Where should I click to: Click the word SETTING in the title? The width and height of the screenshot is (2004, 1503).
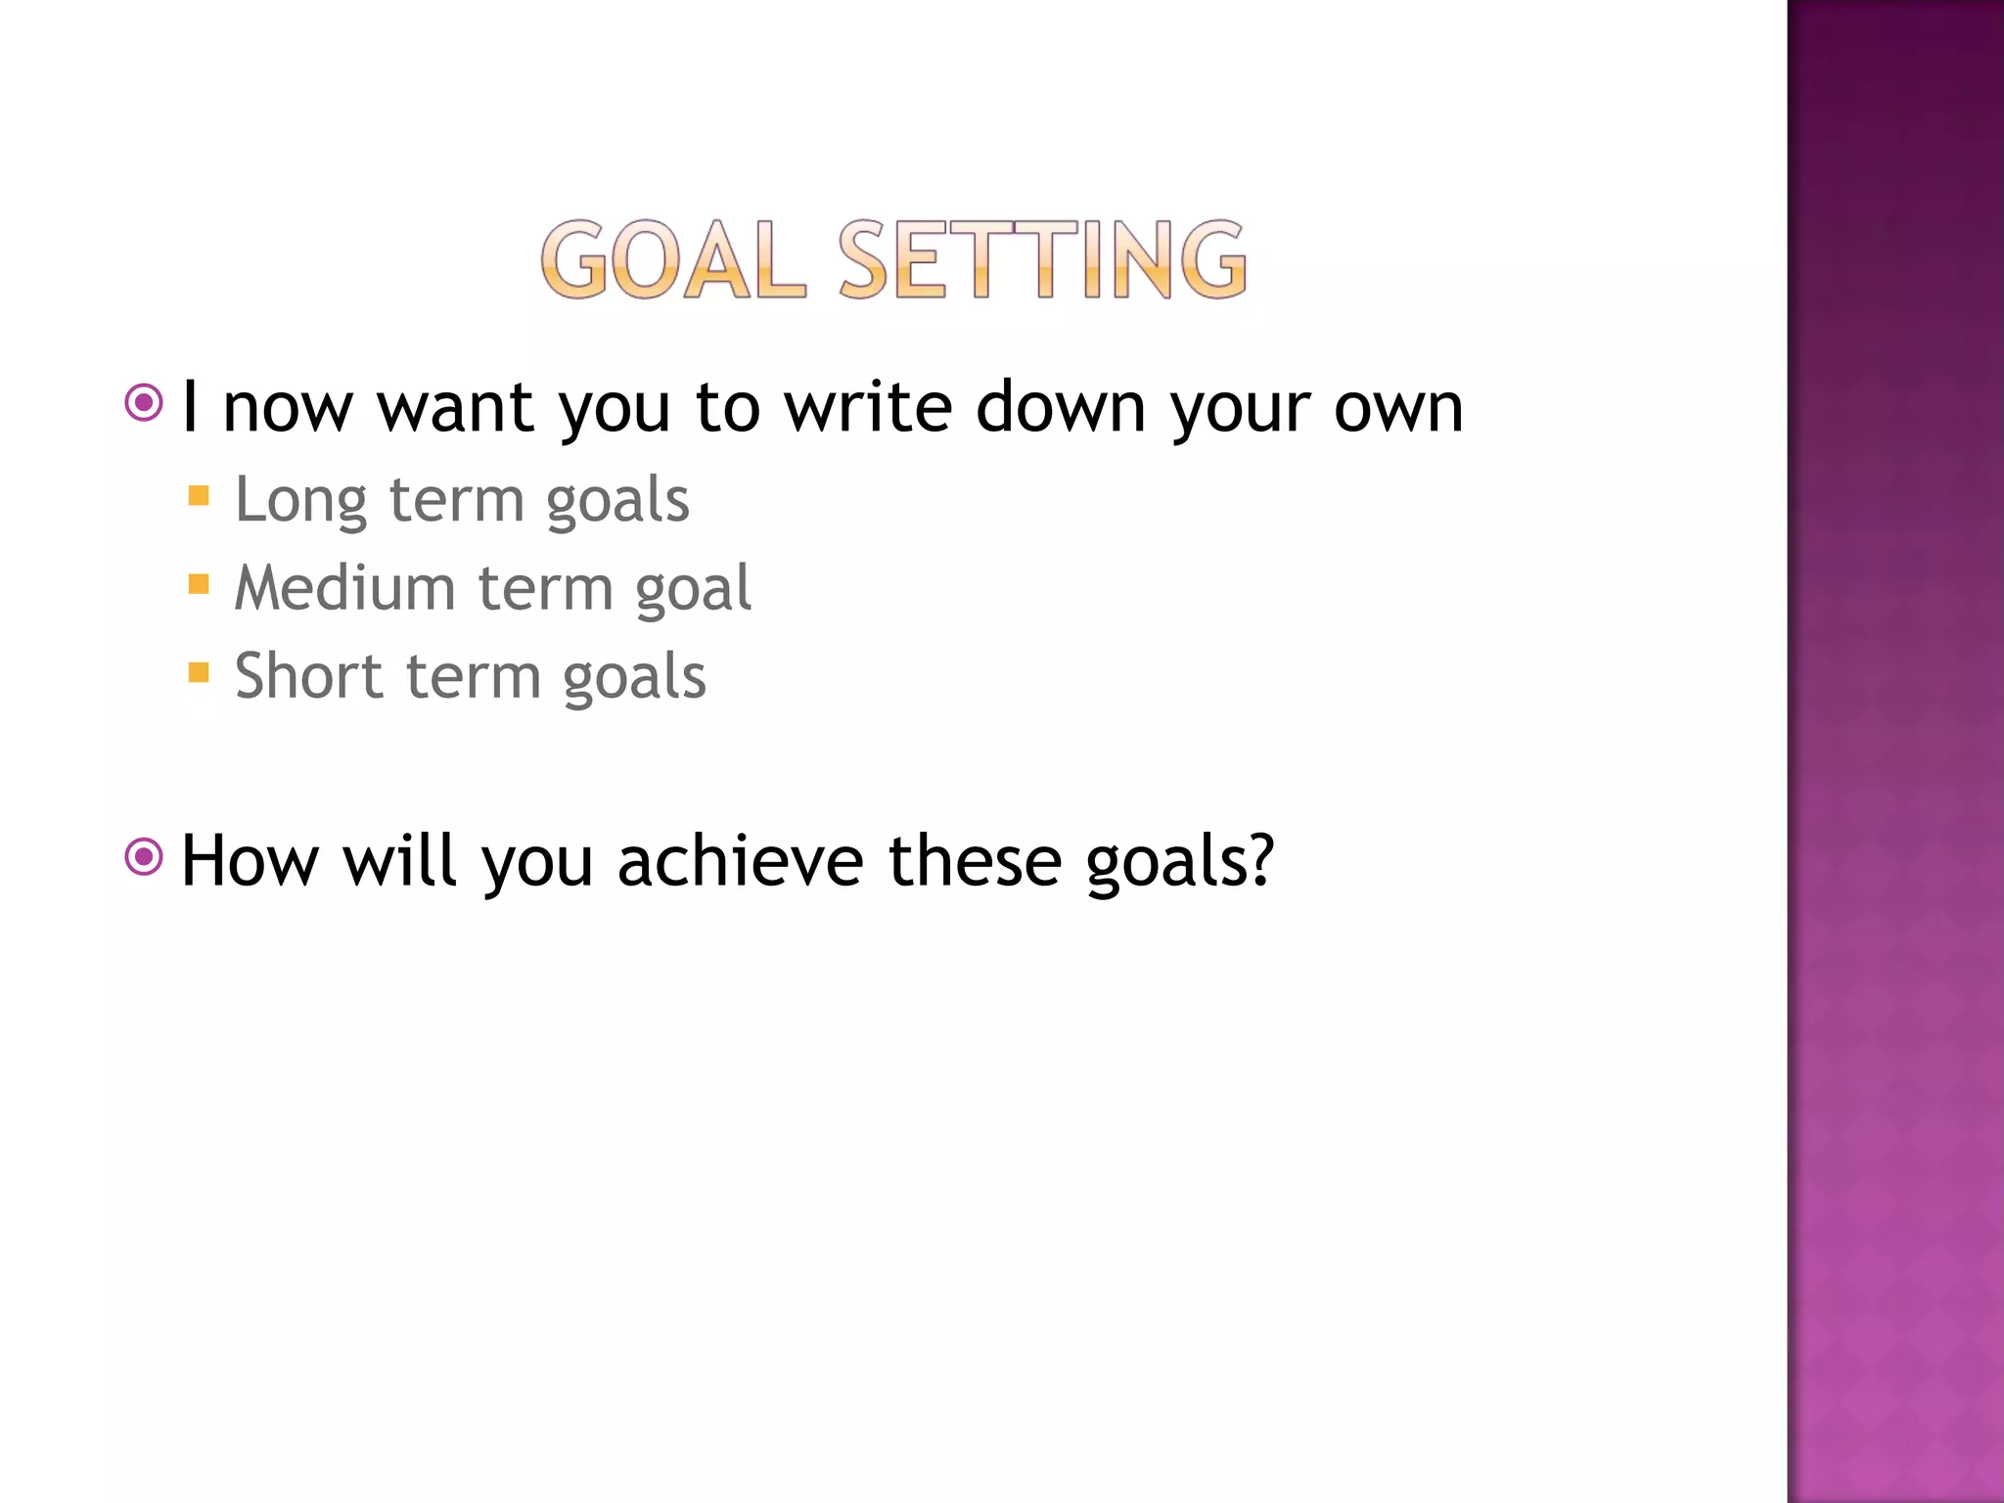tap(1043, 259)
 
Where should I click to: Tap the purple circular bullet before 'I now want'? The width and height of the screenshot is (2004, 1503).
tap(144, 402)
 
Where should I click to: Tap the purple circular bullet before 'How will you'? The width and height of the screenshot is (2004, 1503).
tap(144, 857)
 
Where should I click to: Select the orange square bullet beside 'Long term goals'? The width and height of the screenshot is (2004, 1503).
tap(199, 495)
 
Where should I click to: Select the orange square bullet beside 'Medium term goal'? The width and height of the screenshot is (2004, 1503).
tap(199, 584)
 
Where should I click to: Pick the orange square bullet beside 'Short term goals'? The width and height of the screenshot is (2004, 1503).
tap(199, 672)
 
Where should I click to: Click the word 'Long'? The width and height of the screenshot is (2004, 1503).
tap(300, 501)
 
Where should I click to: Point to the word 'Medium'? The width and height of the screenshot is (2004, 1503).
tap(344, 588)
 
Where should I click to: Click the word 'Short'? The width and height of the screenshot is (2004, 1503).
tap(308, 676)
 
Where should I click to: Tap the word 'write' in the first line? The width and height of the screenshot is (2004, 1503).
tap(868, 407)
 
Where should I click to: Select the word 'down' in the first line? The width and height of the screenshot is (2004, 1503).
tap(1061, 407)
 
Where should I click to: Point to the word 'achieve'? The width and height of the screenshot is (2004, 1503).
tap(741, 861)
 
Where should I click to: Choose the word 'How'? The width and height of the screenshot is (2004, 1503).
tap(250, 861)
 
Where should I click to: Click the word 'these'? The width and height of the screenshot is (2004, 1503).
tap(975, 861)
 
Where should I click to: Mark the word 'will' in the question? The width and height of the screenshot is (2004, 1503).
tap(399, 861)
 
